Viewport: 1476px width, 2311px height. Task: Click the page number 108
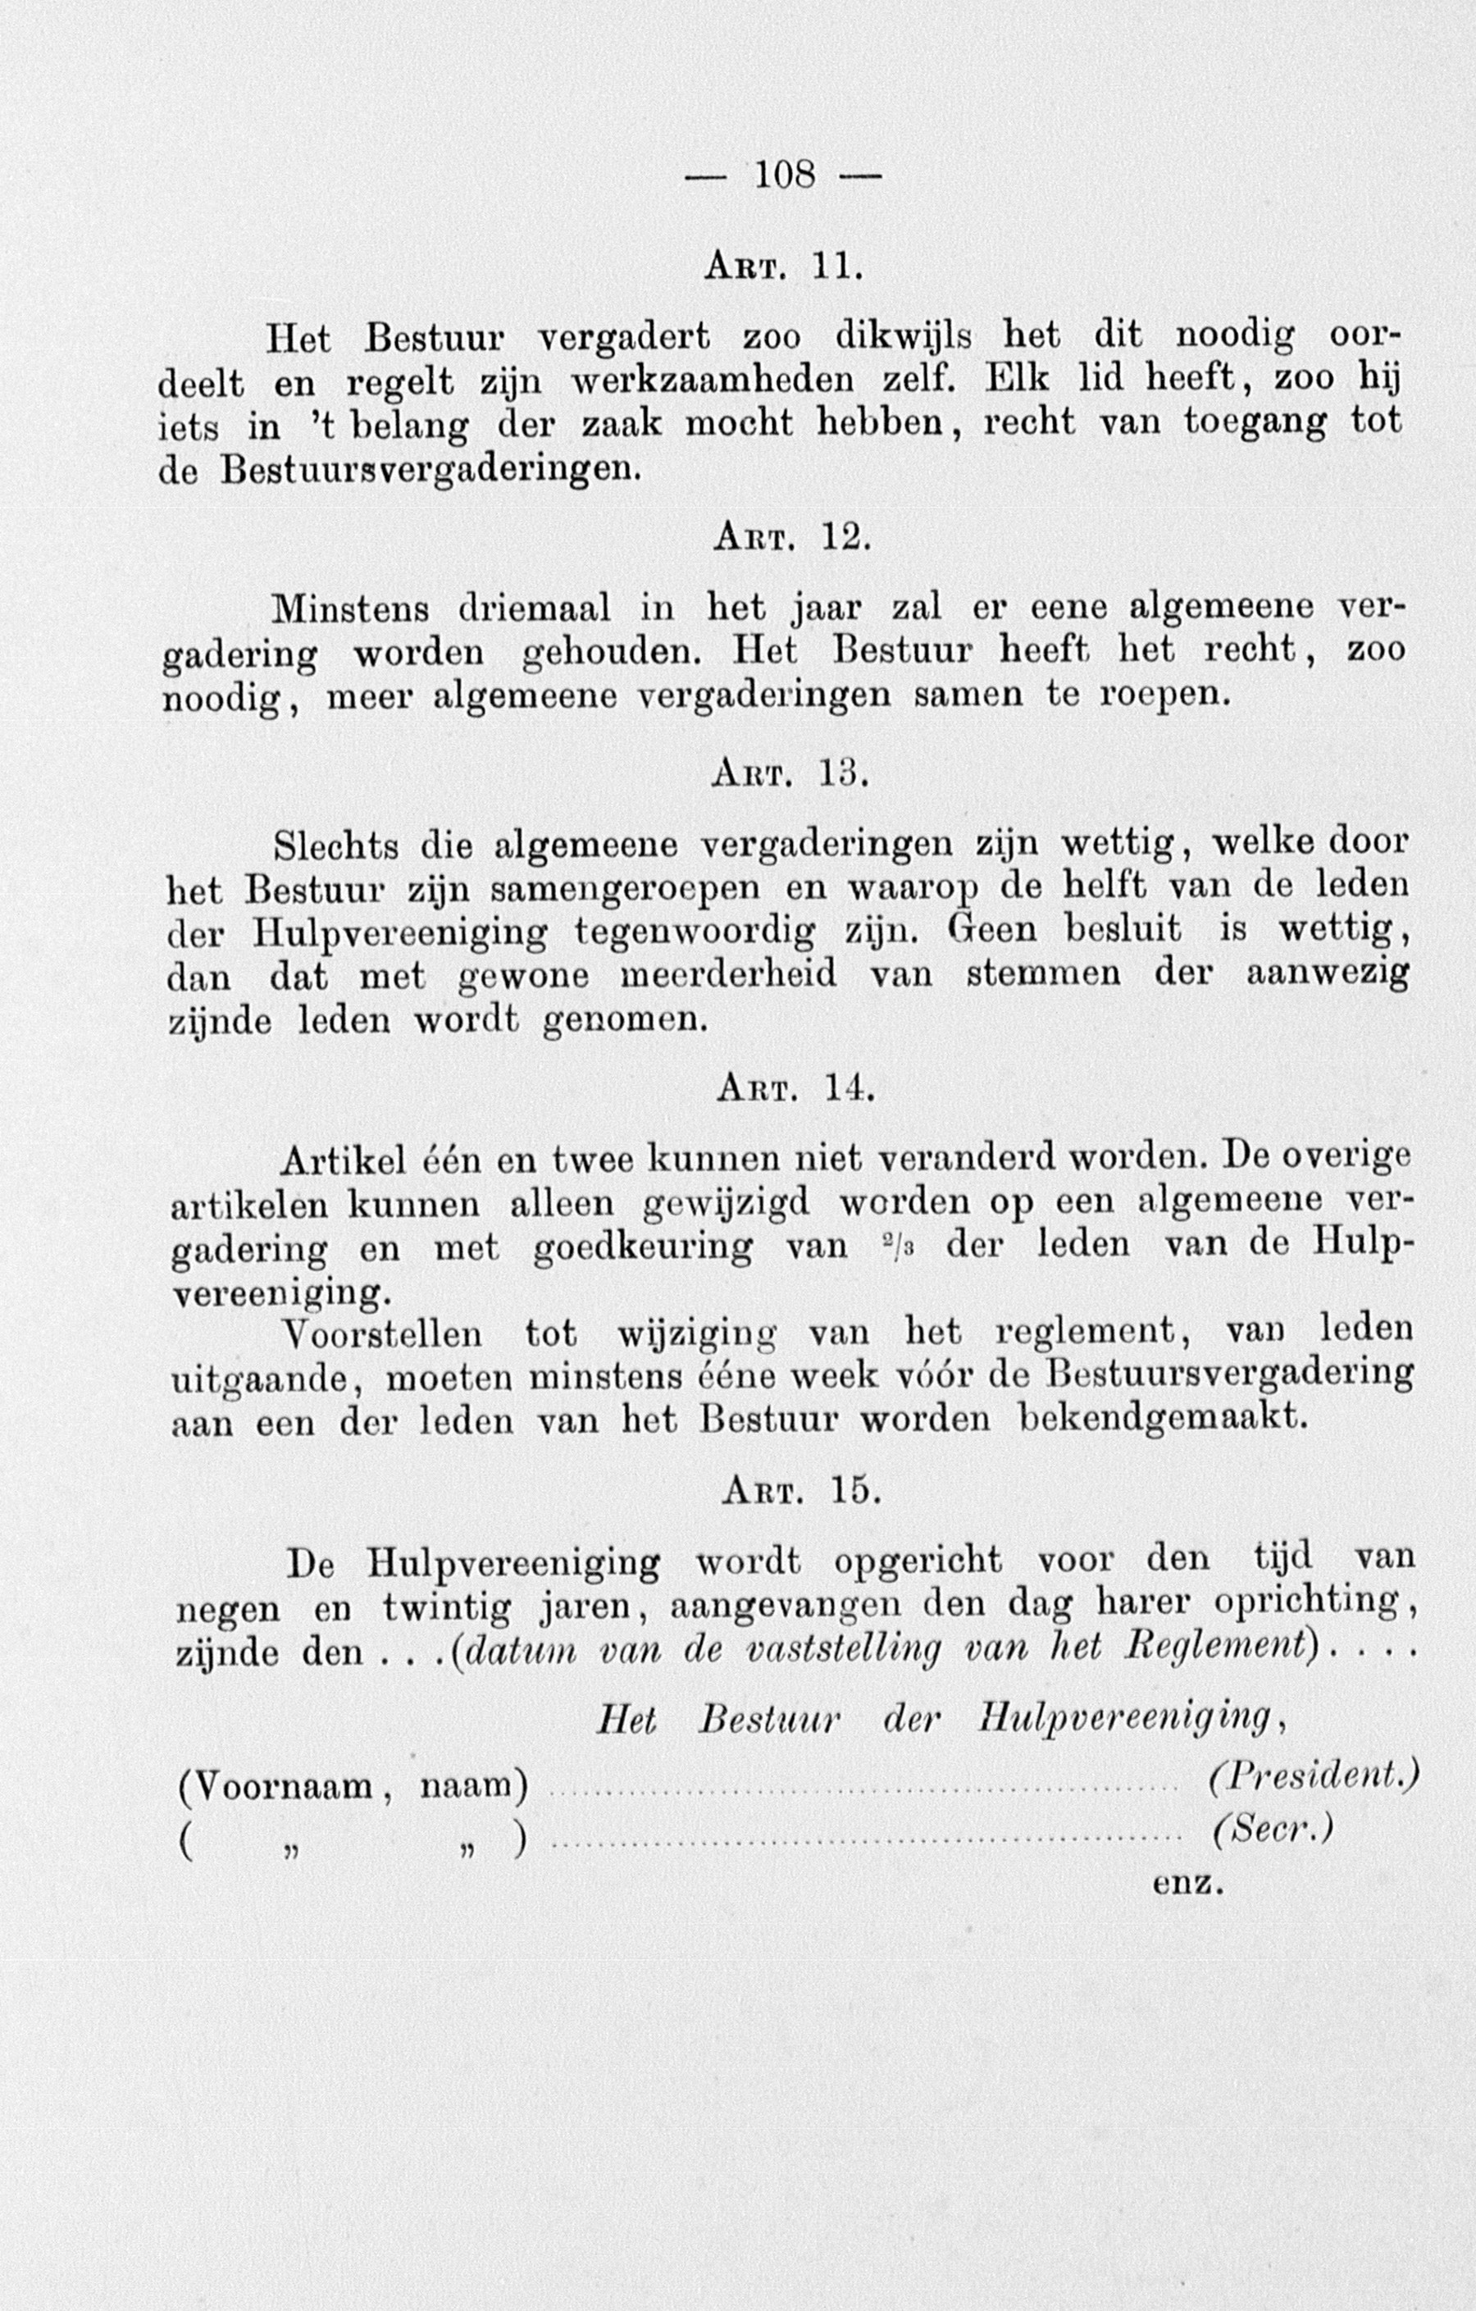[785, 175]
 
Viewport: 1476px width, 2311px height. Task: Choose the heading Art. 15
[799, 1488]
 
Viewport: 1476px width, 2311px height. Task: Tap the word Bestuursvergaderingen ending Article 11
[428, 468]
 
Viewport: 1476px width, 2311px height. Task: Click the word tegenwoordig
[696, 931]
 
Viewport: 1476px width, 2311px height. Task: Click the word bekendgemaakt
[1162, 1416]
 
